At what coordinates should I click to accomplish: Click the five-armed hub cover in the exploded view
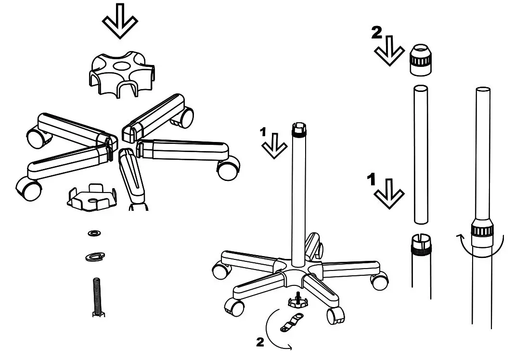[122, 72]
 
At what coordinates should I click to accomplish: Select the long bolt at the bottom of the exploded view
[96, 298]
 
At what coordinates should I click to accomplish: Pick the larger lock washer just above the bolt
[95, 257]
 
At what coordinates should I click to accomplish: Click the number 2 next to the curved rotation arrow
[260, 343]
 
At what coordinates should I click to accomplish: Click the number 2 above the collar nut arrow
[377, 33]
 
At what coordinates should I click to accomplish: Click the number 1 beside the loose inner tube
[372, 180]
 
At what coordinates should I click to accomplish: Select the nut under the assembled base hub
[298, 302]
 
